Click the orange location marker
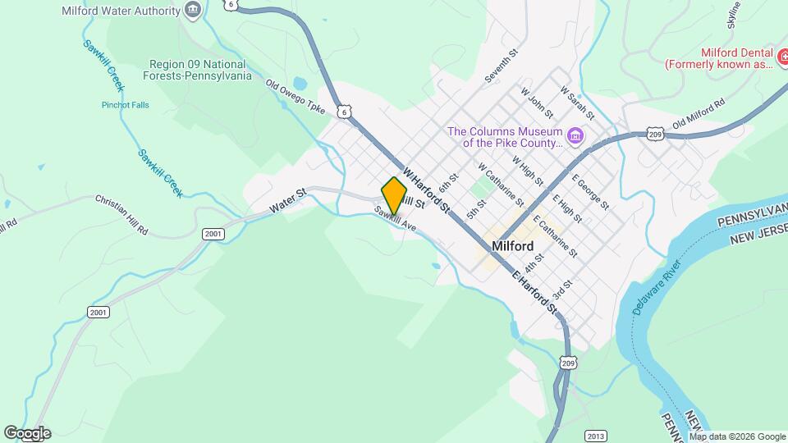(x=394, y=194)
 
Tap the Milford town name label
(x=513, y=246)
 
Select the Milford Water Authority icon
(x=193, y=11)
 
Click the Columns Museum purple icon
(x=575, y=135)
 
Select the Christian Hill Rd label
(x=121, y=215)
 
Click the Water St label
(x=289, y=200)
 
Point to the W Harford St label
(x=427, y=191)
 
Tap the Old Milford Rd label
(x=699, y=113)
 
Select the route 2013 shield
(x=596, y=435)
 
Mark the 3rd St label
(x=561, y=290)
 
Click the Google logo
(x=26, y=433)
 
